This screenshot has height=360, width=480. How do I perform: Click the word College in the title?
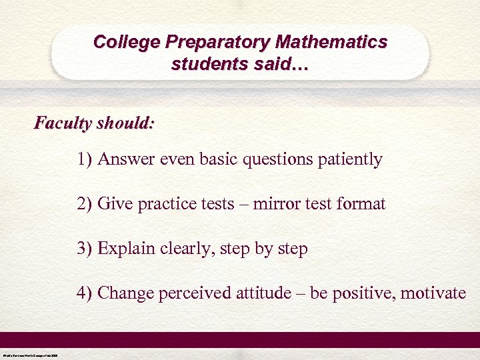tap(127, 42)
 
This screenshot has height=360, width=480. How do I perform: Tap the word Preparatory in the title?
tap(217, 42)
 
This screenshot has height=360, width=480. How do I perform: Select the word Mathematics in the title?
tap(331, 42)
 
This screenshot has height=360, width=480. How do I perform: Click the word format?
tap(363, 204)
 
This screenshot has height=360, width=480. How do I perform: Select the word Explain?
tap(123, 249)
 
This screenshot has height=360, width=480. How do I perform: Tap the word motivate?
tap(437, 293)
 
